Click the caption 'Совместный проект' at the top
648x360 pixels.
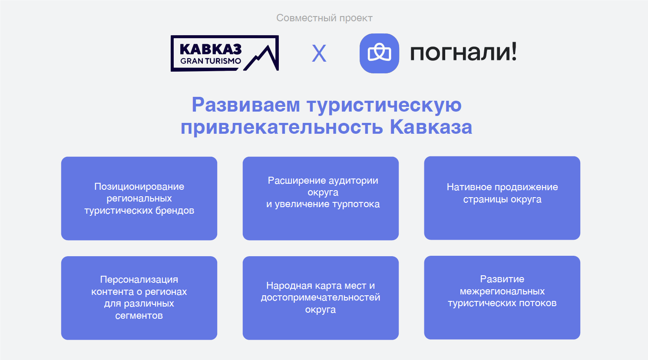point(324,18)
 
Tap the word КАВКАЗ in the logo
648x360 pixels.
point(211,50)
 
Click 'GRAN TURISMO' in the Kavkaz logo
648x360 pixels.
point(211,61)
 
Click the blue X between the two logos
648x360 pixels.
point(319,53)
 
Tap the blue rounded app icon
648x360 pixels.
point(379,53)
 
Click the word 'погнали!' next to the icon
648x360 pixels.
point(463,53)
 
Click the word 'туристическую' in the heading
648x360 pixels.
point(384,106)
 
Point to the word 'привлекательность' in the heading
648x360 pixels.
point(282,127)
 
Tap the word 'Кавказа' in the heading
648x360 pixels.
point(431,127)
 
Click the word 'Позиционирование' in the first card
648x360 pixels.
point(139,187)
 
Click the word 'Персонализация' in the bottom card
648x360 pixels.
point(139,280)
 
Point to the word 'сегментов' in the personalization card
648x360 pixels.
point(139,315)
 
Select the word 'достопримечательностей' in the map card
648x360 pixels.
point(321,297)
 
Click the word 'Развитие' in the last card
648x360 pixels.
point(502,279)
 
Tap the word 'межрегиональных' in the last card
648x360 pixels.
point(502,291)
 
